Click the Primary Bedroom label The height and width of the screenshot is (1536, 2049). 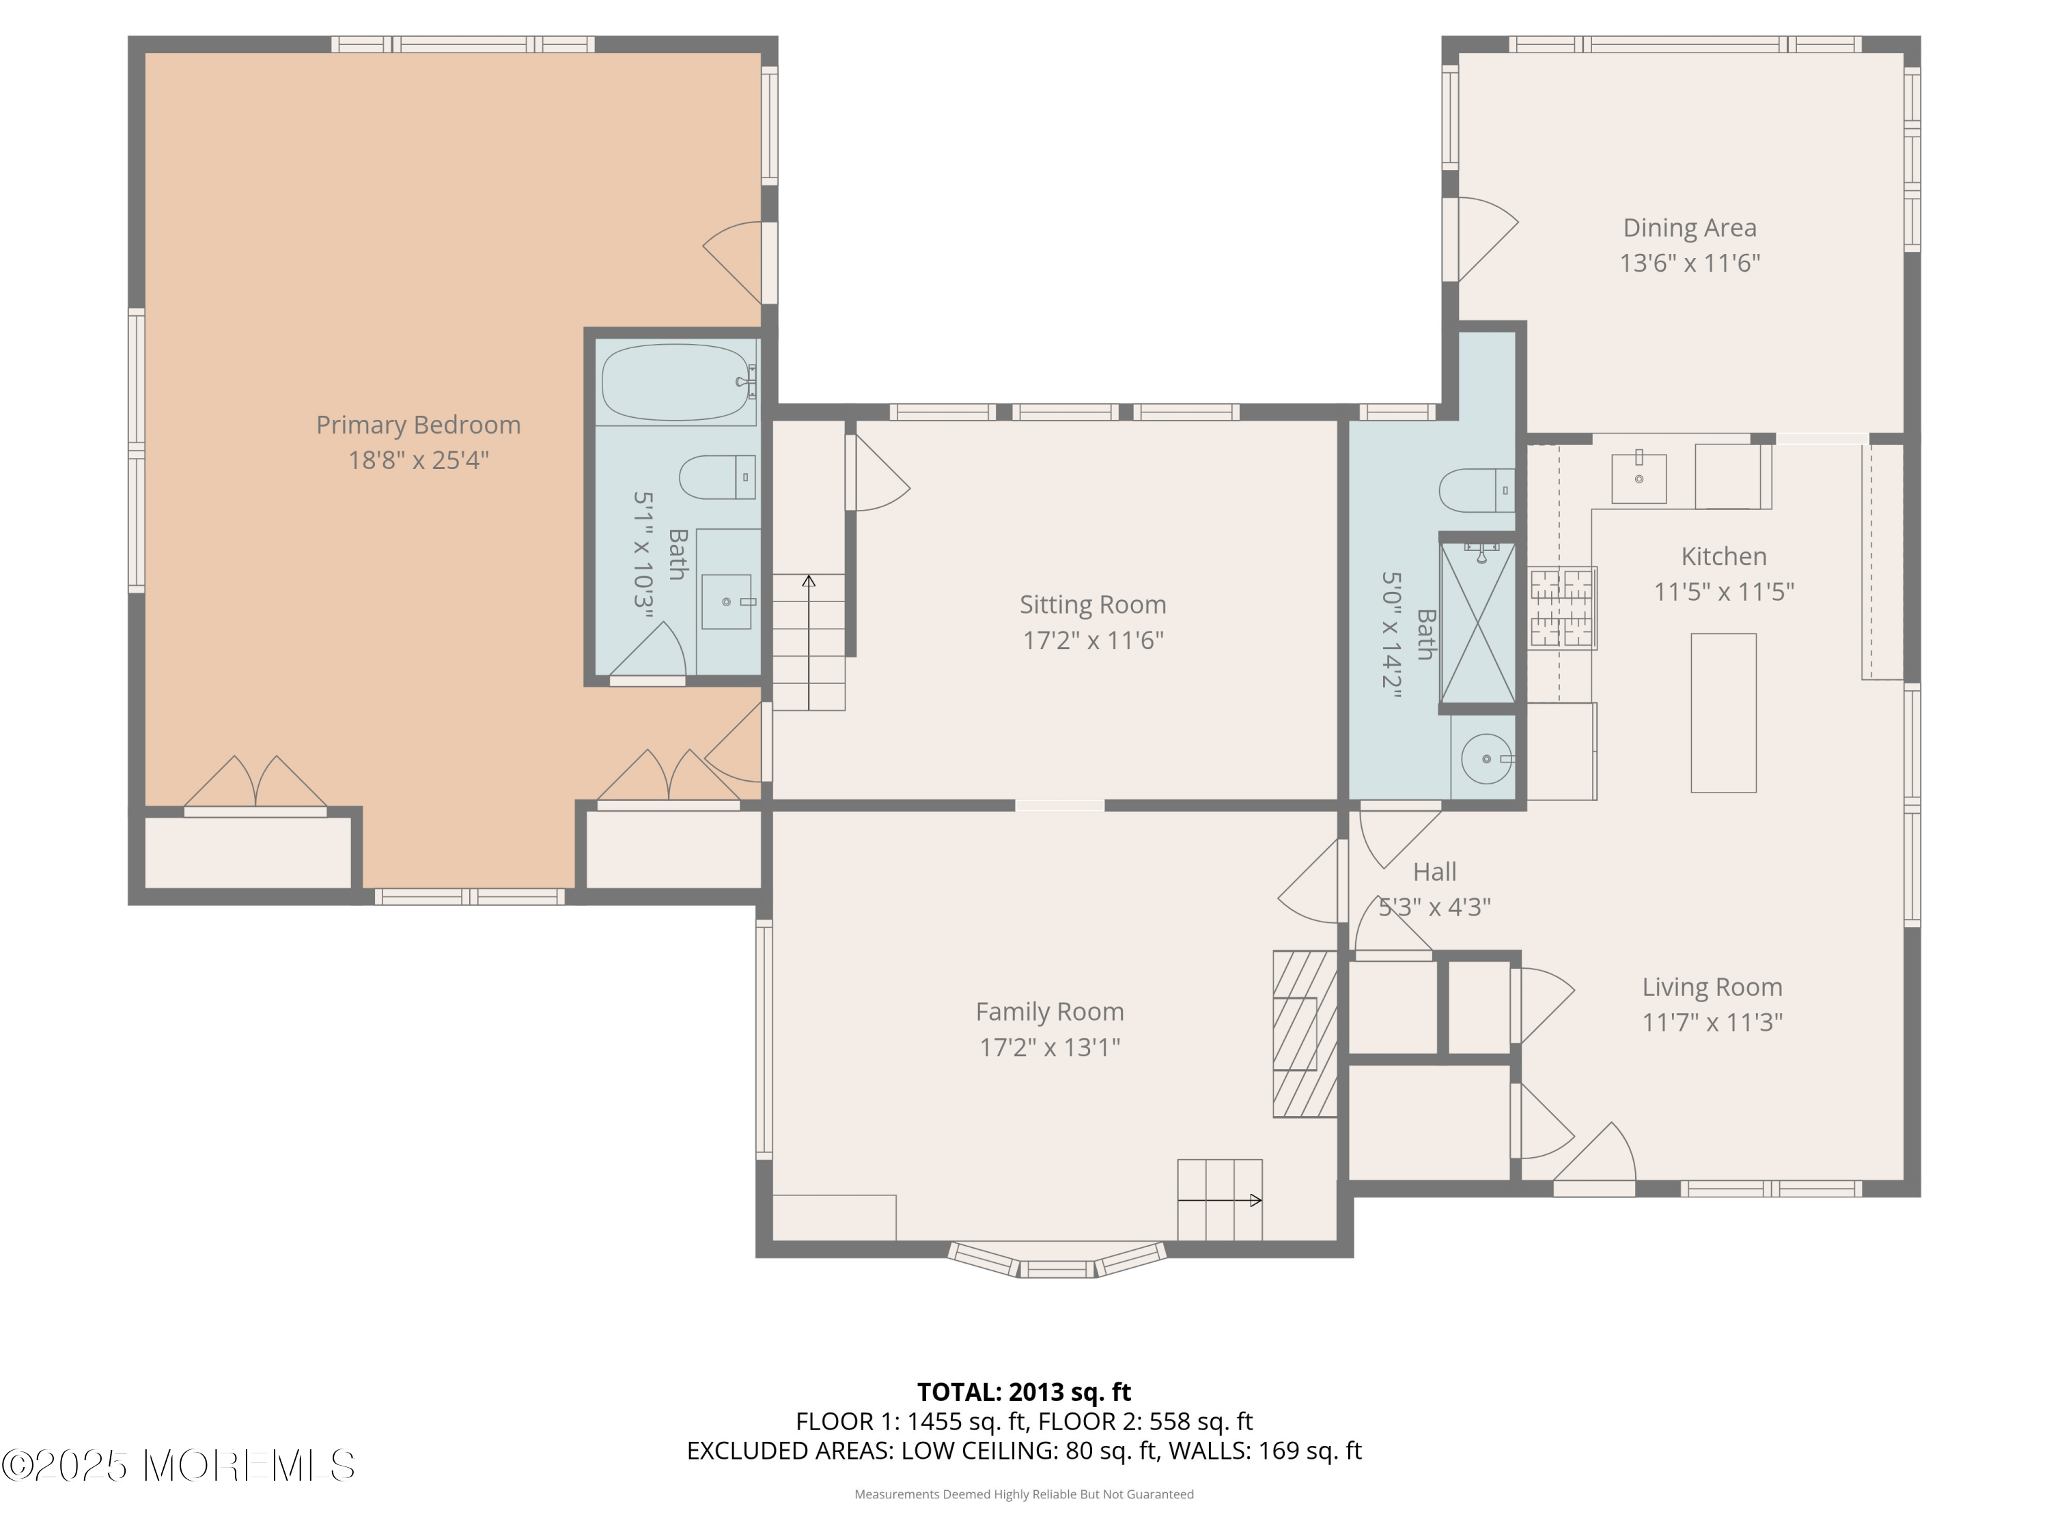coord(418,425)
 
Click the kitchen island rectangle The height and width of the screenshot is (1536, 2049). coord(1723,713)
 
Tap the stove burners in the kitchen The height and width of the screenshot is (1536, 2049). coord(1562,608)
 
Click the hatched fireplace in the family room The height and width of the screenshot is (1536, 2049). coord(1305,1034)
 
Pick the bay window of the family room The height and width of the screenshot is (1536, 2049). coord(1057,1261)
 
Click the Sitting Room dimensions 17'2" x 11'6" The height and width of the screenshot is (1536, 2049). coord(1093,640)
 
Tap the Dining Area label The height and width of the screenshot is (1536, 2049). coord(1690,228)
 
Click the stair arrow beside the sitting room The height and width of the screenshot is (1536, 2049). coord(809,642)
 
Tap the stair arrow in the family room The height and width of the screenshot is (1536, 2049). coord(1220,1201)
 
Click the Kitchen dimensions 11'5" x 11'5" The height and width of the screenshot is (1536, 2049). coord(1724,592)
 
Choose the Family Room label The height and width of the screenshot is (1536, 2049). coord(1050,1012)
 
